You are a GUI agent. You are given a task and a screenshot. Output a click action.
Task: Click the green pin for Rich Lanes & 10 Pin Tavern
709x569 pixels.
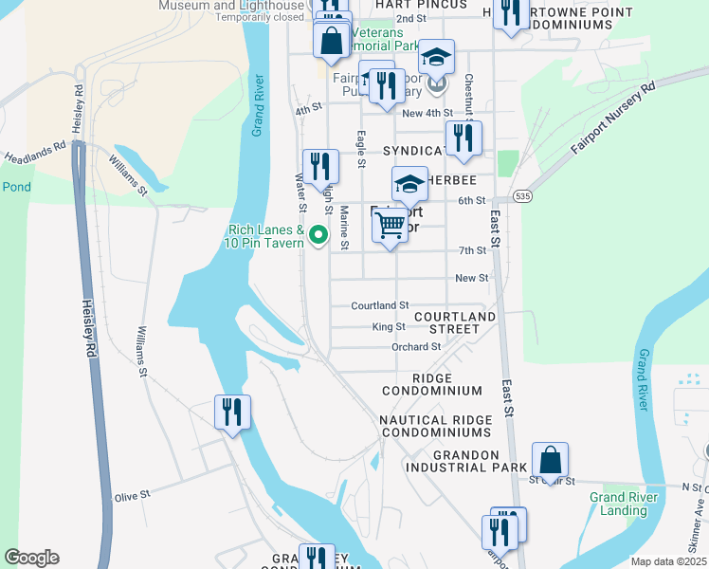click(x=319, y=234)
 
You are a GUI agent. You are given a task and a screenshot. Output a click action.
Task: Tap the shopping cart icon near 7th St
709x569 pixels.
click(x=390, y=226)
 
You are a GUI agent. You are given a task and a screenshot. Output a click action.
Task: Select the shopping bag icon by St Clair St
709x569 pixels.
click(x=550, y=460)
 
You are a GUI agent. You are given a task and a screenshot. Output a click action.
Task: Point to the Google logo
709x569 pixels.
click(x=31, y=558)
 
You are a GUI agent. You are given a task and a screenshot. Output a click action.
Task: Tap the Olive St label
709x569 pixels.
click(x=132, y=495)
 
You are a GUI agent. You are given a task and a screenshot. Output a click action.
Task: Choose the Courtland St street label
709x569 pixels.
click(x=379, y=305)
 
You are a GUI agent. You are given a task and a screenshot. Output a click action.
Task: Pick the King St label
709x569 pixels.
click(x=389, y=326)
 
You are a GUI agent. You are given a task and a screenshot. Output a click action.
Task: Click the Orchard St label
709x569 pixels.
click(x=416, y=347)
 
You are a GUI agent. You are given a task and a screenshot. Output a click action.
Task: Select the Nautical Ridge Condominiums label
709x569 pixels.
click(x=435, y=426)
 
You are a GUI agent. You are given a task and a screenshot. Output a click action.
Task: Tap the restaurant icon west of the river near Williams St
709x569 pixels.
click(x=232, y=412)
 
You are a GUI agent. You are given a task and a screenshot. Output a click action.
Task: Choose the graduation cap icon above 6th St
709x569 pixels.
click(x=409, y=183)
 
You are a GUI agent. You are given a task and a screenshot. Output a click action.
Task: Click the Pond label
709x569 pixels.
click(x=16, y=187)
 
